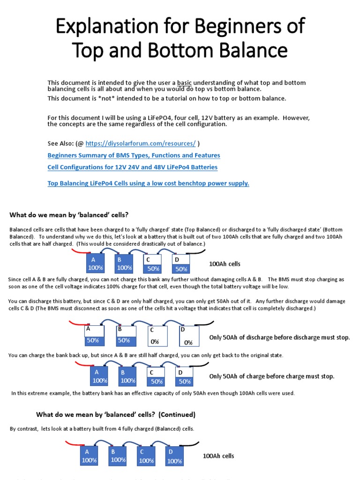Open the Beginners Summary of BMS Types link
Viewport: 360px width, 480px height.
(x=134, y=155)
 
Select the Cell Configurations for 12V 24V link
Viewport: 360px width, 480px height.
(x=132, y=167)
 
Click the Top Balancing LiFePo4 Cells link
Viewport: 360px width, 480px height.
(x=148, y=183)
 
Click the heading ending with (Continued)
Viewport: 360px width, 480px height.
(x=116, y=415)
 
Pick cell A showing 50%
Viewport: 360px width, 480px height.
(x=93, y=336)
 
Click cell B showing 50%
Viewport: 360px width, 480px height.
(x=124, y=336)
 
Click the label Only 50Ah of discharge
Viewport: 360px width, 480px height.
(x=279, y=337)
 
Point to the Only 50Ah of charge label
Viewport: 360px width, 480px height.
(x=271, y=376)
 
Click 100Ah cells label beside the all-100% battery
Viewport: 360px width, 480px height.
(x=218, y=456)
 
